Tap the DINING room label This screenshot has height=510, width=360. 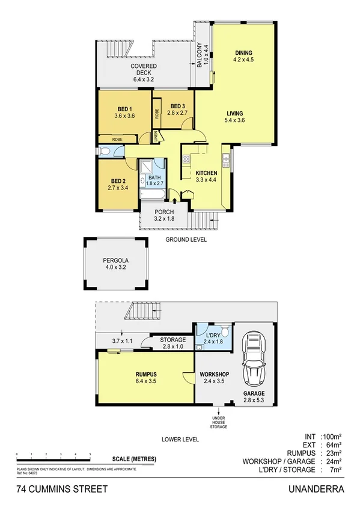[x=243, y=52]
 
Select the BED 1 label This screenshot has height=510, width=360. [x=125, y=108]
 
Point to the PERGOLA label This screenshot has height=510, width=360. [x=114, y=261]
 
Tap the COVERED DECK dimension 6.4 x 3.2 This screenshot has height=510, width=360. [x=144, y=78]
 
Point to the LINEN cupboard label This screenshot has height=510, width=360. [x=156, y=137]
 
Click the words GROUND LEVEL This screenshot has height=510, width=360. [x=186, y=239]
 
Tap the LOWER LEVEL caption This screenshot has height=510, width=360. [x=180, y=439]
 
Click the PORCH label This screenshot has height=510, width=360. [x=164, y=212]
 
